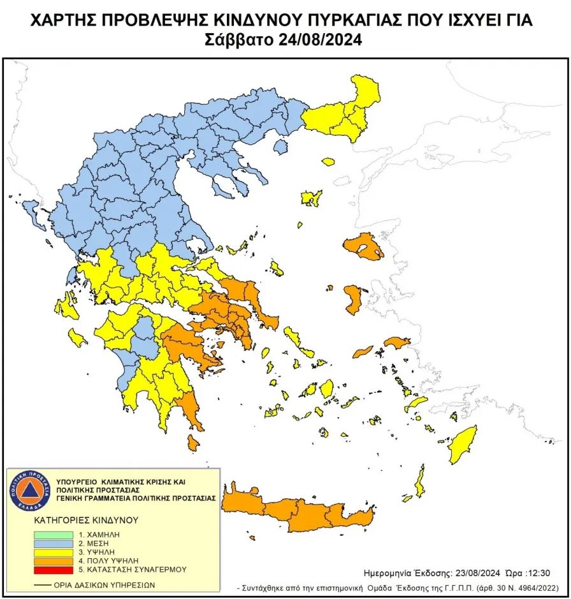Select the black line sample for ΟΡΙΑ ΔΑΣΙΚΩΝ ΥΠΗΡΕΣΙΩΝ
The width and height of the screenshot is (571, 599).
(x=43, y=584)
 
